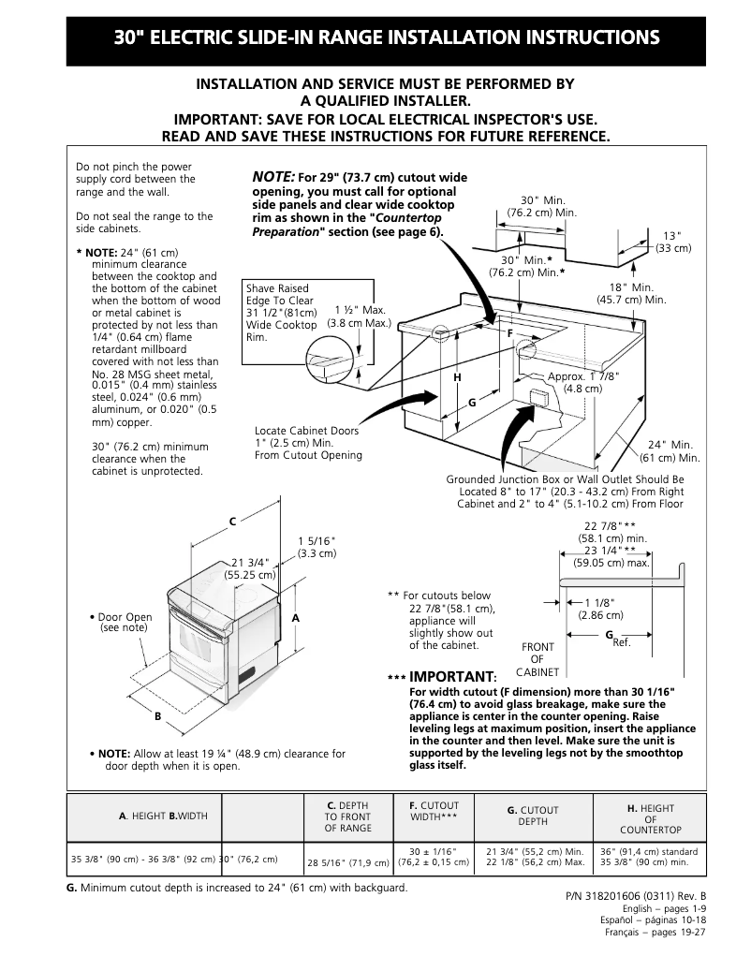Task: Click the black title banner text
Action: [x=386, y=38]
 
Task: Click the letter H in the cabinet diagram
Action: [x=457, y=376]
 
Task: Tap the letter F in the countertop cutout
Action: [x=510, y=332]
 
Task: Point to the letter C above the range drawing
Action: [x=233, y=520]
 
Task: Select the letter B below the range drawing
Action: [x=158, y=716]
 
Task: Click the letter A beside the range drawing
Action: [x=295, y=619]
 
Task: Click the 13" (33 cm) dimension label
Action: [x=672, y=242]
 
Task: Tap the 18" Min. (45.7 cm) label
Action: [x=631, y=293]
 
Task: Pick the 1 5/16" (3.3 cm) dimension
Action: [x=317, y=548]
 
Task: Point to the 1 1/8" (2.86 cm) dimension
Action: [x=600, y=609]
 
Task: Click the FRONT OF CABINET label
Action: [x=537, y=659]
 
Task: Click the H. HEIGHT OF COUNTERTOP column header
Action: [x=650, y=819]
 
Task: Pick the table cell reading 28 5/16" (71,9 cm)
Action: [x=348, y=862]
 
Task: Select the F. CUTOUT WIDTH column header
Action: [x=434, y=811]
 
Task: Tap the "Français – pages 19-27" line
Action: [x=655, y=933]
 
